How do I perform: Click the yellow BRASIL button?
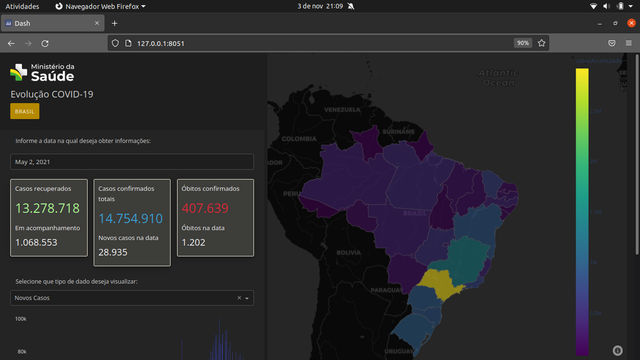pyautogui.click(x=25, y=112)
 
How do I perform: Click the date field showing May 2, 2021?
pyautogui.click(x=132, y=162)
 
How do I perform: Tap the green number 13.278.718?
pyautogui.click(x=47, y=208)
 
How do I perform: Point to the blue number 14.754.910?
pyautogui.click(x=131, y=218)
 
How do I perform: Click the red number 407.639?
pyautogui.click(x=205, y=208)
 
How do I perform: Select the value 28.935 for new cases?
pyautogui.click(x=113, y=252)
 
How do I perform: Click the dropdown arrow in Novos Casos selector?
pyautogui.click(x=247, y=298)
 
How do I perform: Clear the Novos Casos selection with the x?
pyautogui.click(x=239, y=298)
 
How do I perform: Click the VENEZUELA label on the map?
pyautogui.click(x=342, y=110)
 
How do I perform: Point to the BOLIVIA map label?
pyautogui.click(x=349, y=253)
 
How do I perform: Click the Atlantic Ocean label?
pyautogui.click(x=499, y=78)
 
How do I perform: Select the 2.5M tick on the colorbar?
pyautogui.click(x=595, y=111)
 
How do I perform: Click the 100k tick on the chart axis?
pyautogui.click(x=21, y=319)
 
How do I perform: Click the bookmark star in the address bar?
pyautogui.click(x=542, y=43)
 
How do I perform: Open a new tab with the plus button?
pyautogui.click(x=114, y=23)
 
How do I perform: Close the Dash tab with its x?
pyautogui.click(x=97, y=23)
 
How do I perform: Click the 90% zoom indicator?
pyautogui.click(x=523, y=43)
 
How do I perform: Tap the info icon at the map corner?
pyautogui.click(x=618, y=351)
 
